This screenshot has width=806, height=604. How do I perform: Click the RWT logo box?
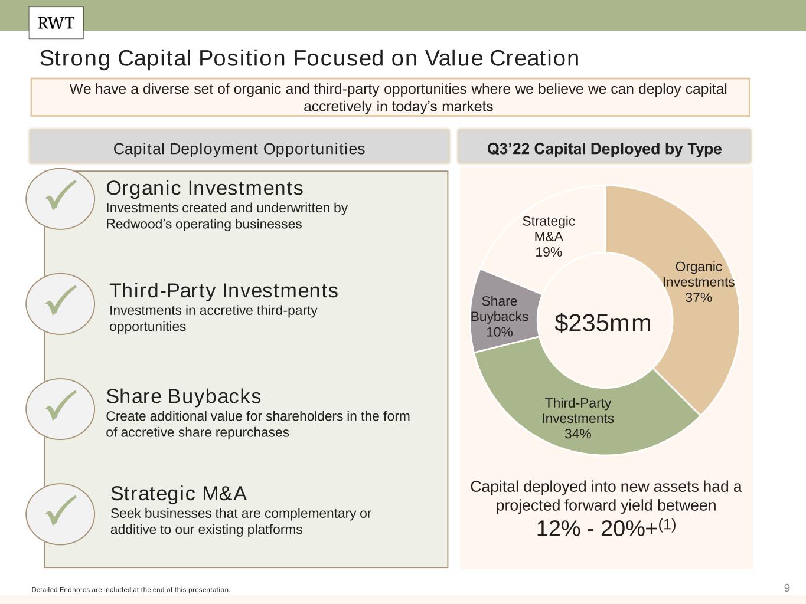[56, 23]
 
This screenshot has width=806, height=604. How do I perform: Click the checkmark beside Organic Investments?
[61, 195]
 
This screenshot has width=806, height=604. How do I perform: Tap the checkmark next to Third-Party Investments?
[61, 300]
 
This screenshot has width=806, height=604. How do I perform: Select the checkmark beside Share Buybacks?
[61, 406]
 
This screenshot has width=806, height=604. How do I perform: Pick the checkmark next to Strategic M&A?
[61, 510]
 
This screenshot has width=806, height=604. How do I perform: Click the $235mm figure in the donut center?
[602, 323]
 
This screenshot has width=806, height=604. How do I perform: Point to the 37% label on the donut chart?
[699, 297]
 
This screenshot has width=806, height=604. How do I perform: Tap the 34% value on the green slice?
[577, 434]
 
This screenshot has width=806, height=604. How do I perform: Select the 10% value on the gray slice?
[499, 332]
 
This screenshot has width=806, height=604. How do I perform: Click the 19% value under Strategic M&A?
[548, 252]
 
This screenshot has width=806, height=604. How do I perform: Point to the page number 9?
[787, 588]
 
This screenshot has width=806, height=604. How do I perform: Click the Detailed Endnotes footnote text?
[131, 590]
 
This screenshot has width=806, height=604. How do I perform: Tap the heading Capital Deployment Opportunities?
[239, 149]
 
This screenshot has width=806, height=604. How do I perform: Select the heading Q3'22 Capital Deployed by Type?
[605, 149]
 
